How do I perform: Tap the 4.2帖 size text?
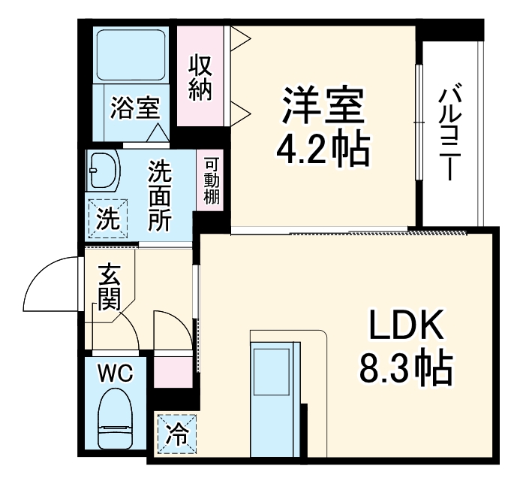[323, 150]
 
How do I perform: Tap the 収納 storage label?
[200, 77]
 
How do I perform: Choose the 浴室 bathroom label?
[134, 107]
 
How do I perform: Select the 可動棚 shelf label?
[211, 181]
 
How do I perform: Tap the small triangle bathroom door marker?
[159, 132]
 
